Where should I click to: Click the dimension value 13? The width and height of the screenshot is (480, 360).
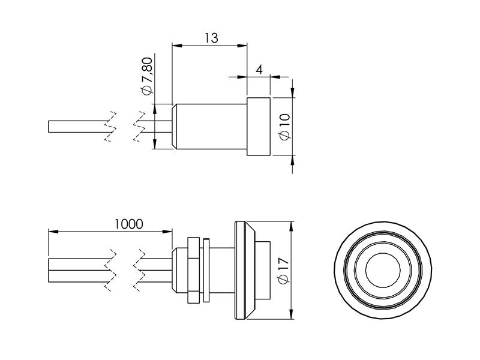coord(210,37)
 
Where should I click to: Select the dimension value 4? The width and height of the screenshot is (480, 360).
coord(259,69)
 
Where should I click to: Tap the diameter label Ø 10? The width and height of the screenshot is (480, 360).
coord(285,127)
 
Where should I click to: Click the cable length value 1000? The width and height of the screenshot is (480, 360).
coord(128,224)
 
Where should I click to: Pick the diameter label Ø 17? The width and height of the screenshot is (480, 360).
coord(285,271)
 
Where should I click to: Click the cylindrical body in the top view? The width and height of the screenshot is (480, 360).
coord(211,127)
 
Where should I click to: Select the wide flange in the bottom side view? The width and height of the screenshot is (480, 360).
coord(242,270)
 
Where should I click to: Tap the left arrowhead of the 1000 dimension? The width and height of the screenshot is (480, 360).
coord(52,231)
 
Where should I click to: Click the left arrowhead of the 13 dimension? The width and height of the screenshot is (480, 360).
coord(176,45)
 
